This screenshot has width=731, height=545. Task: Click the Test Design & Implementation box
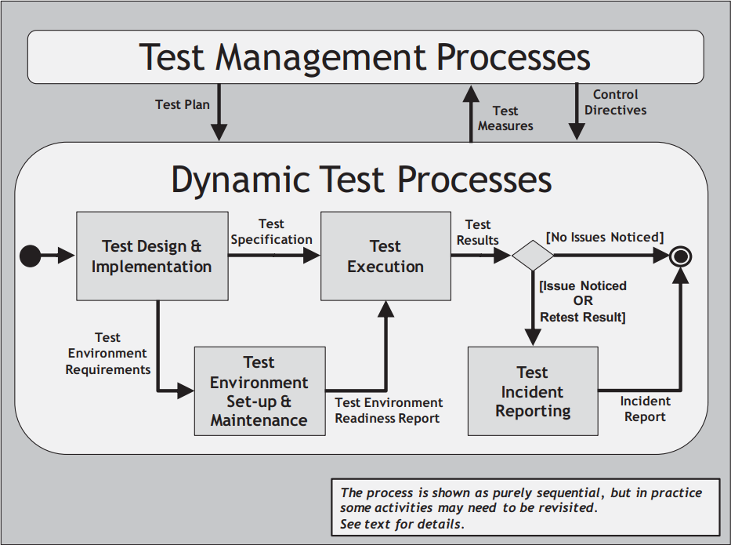pos(152,256)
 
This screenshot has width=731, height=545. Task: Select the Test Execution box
pos(385,256)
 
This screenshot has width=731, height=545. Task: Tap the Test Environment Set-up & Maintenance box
pos(259,391)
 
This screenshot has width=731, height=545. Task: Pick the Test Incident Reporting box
pos(533,391)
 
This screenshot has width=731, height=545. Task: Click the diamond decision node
pos(533,255)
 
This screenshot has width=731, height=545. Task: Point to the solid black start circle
pos(31,256)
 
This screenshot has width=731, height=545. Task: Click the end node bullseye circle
pos(680,256)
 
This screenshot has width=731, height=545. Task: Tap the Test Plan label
pos(183,104)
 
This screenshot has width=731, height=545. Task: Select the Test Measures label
pos(505,118)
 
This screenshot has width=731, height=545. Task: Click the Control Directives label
pos(615,102)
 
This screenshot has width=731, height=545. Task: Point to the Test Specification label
pos(271,231)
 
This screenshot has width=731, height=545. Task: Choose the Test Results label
pos(477,232)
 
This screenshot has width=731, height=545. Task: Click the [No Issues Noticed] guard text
pos(605,237)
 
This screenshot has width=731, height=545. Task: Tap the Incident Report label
pos(646,409)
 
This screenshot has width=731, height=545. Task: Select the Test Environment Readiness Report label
pos(389,410)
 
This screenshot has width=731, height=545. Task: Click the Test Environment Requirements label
pos(107,353)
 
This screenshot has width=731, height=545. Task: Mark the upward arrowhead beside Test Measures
pos(471,93)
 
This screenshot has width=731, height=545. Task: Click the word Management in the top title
pos(320,57)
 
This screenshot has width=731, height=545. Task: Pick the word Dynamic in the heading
pos(241,180)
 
